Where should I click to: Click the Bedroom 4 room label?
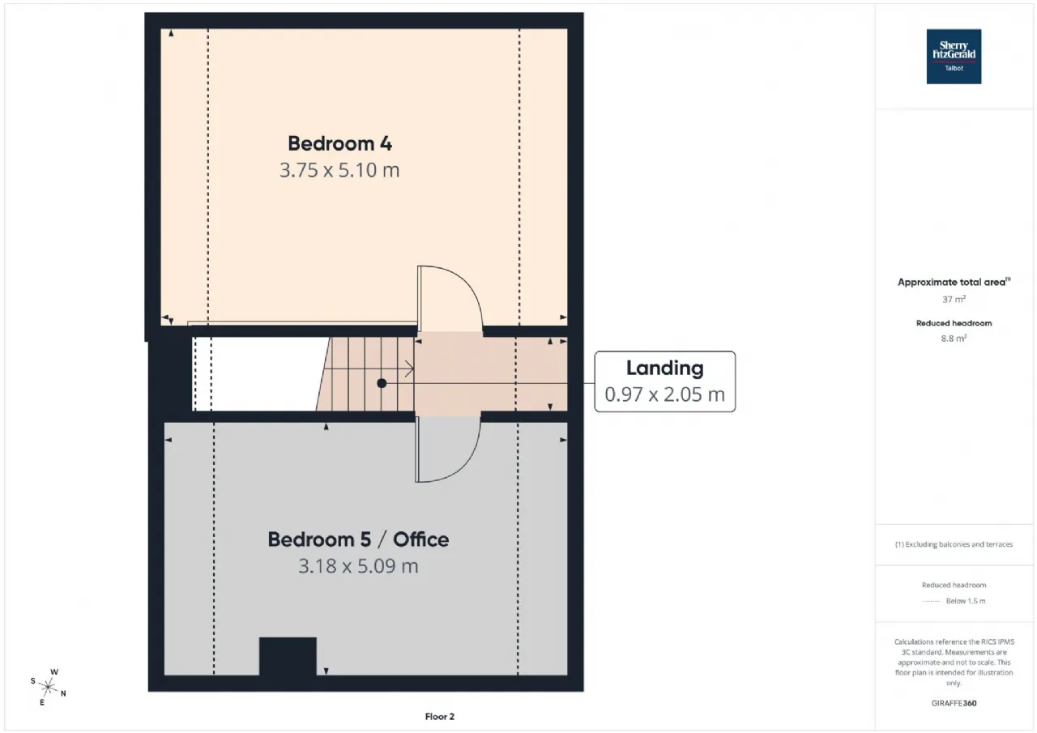coord(340,143)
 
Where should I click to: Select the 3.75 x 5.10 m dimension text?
coord(339,171)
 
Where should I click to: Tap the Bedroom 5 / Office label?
coord(358,539)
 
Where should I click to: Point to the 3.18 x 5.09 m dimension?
coord(358,565)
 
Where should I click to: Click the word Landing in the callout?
coord(664,368)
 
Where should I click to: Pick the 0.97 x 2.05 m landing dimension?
coord(664,395)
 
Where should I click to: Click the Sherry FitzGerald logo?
coord(954,57)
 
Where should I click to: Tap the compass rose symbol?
coord(49,688)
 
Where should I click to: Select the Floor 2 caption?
coord(440,716)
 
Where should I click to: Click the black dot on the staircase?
coord(382,383)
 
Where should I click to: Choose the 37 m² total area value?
coord(954,299)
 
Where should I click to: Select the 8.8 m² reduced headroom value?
coord(954,339)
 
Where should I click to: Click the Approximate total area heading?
coord(954,283)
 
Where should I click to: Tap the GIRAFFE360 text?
coord(954,703)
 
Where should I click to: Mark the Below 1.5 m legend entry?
coord(965,601)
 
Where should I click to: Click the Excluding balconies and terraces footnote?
coord(954,544)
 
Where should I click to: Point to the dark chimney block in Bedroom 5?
coord(288,656)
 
